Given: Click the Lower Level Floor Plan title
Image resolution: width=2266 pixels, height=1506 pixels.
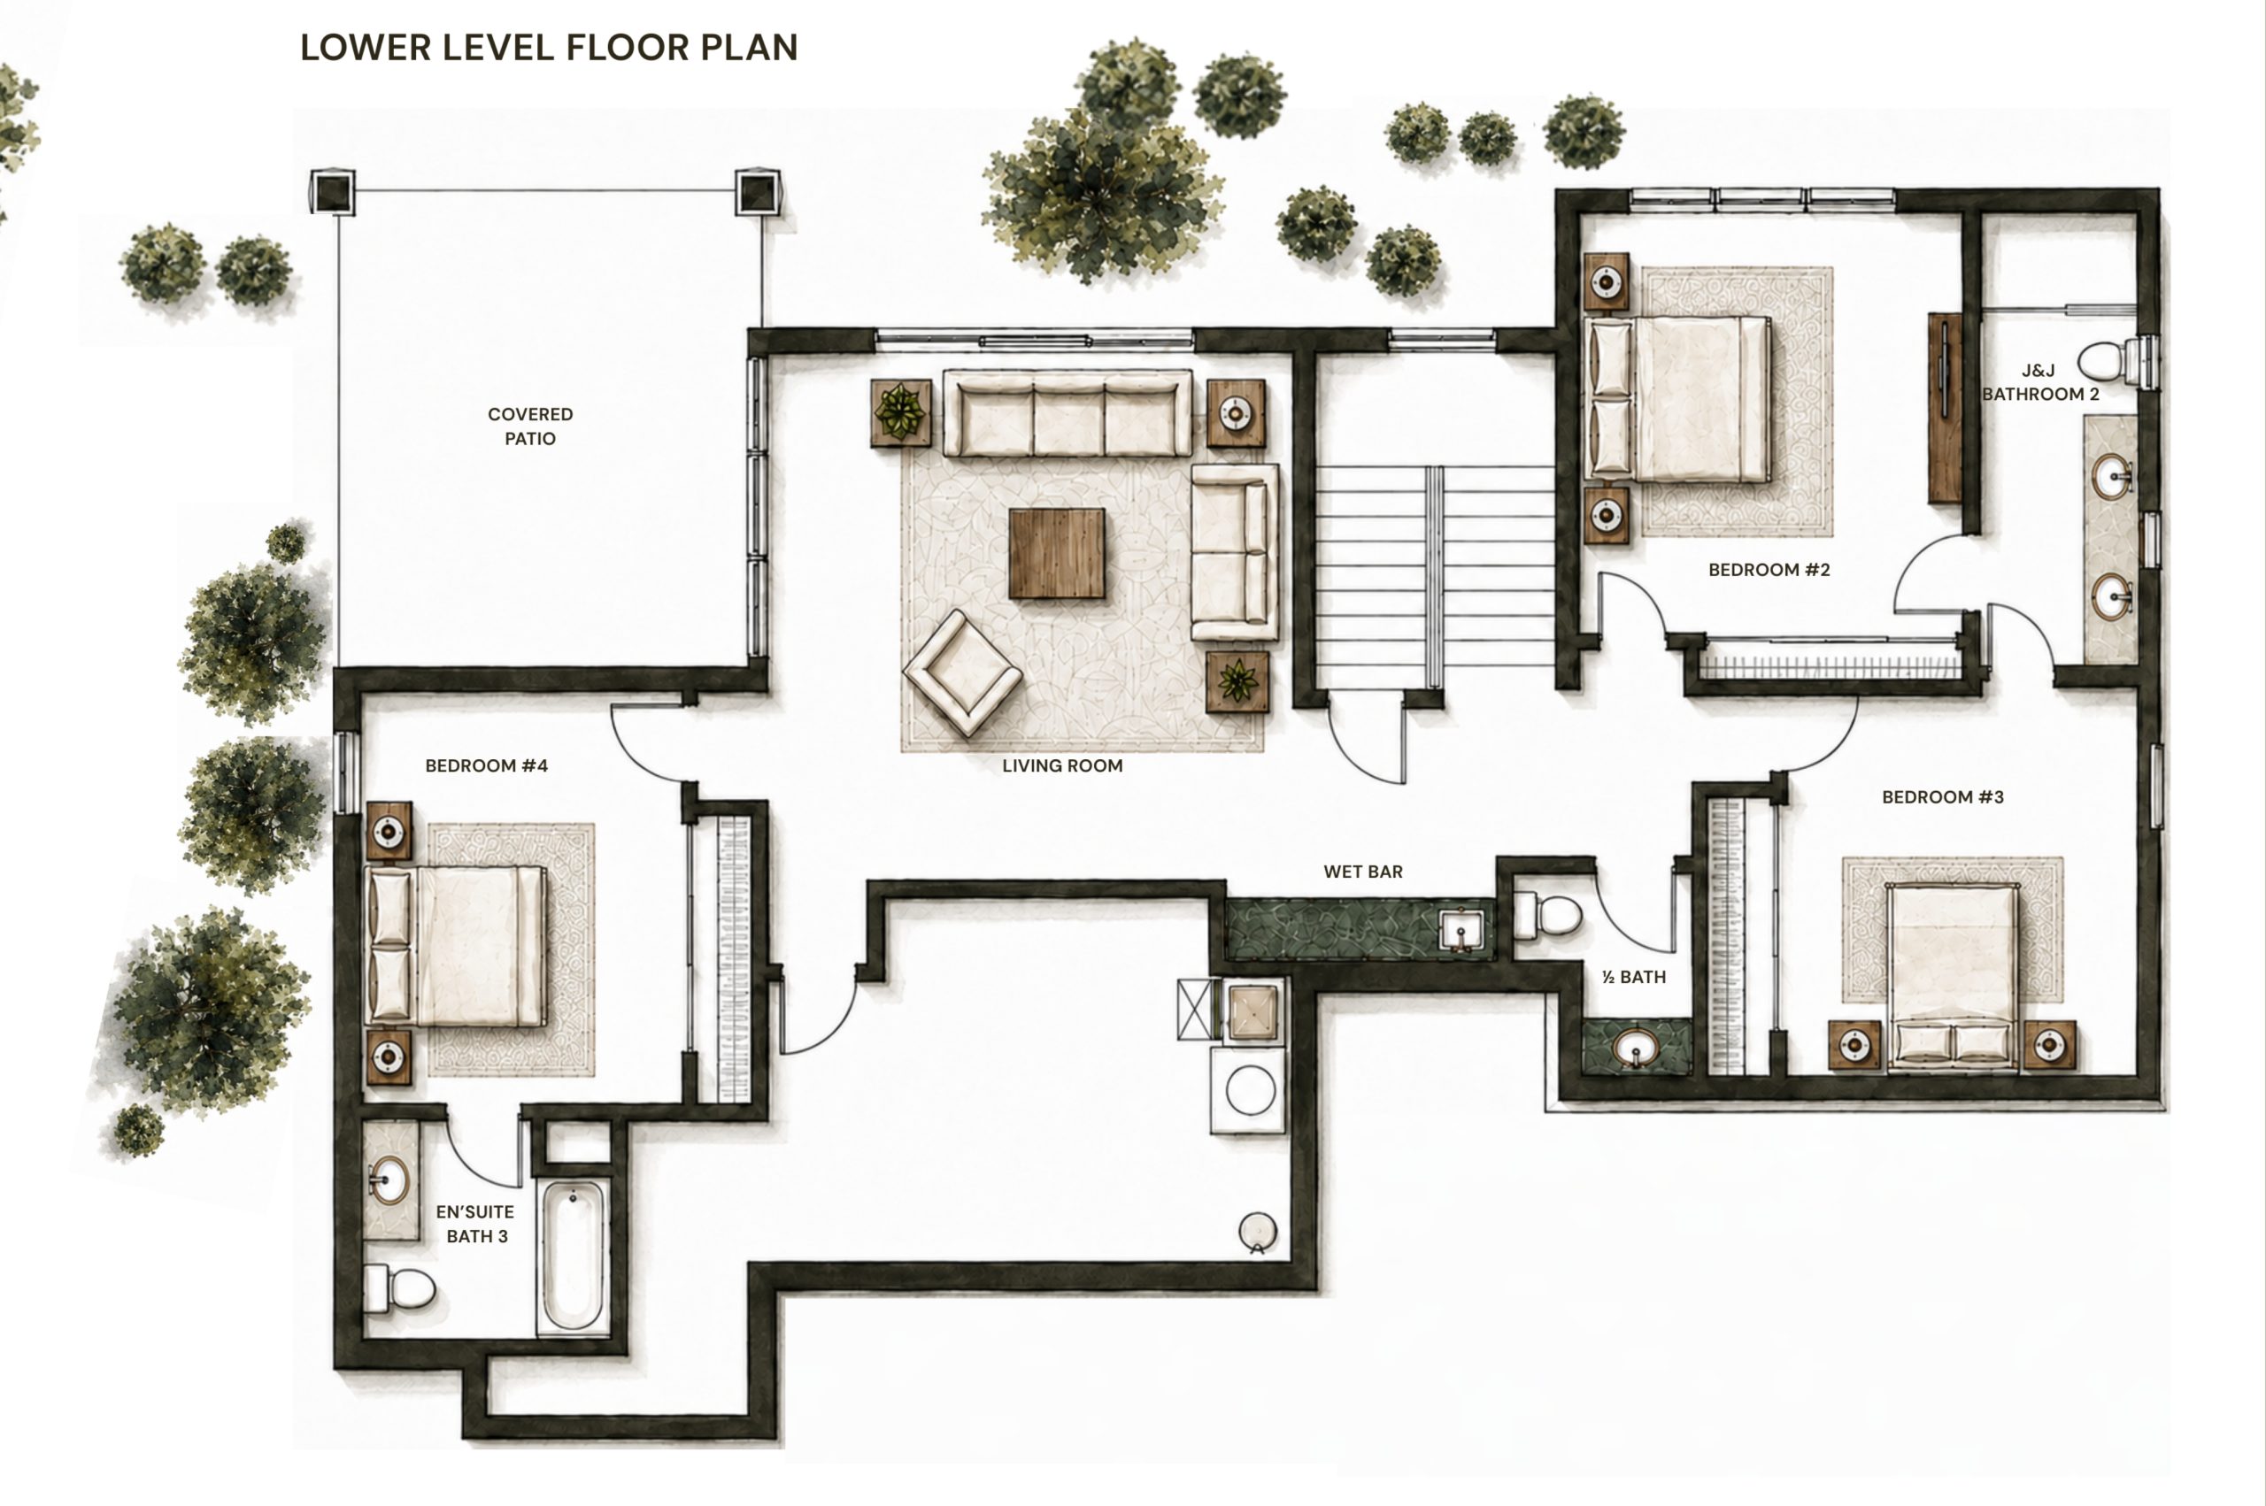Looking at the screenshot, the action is (549, 47).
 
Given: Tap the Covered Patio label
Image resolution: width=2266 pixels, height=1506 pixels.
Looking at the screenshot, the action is (530, 426).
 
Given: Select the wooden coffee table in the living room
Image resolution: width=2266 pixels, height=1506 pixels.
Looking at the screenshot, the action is (1057, 553).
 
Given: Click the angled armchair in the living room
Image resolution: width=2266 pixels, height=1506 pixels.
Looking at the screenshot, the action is (962, 672).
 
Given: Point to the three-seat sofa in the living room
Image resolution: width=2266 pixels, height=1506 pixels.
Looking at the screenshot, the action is (1067, 413).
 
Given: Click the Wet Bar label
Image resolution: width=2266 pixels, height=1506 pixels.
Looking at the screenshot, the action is (1363, 872).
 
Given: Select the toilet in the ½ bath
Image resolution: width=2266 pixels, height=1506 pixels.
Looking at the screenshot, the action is (1546, 915).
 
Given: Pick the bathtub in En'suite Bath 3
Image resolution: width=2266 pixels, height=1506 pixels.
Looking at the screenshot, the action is (574, 1256).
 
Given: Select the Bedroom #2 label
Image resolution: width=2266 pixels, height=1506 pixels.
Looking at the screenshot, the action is (1769, 570).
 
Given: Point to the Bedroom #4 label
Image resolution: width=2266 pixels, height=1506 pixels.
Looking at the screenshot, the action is (486, 765).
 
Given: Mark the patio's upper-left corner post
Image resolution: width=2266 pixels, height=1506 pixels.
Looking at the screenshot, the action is (332, 192).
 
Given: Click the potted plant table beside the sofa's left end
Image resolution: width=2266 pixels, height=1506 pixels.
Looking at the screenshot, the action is (901, 413).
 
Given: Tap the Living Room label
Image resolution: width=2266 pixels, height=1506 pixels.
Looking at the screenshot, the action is (1062, 765).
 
